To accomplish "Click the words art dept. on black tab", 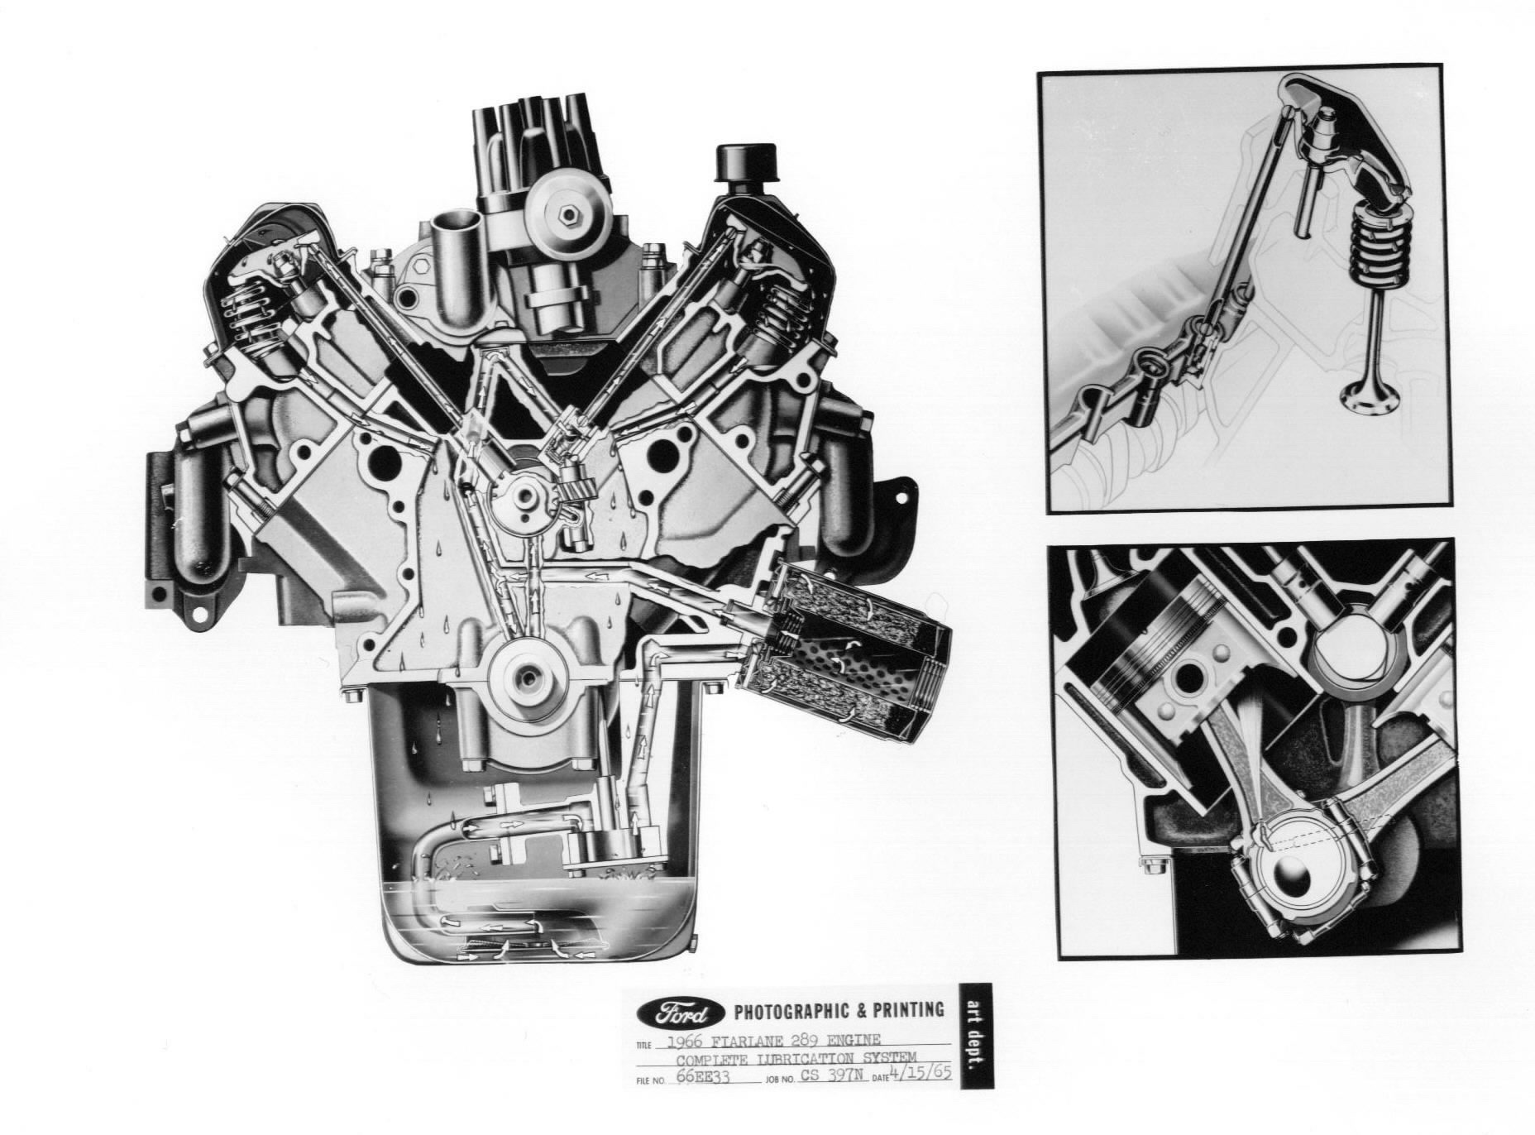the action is [x=974, y=1036].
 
